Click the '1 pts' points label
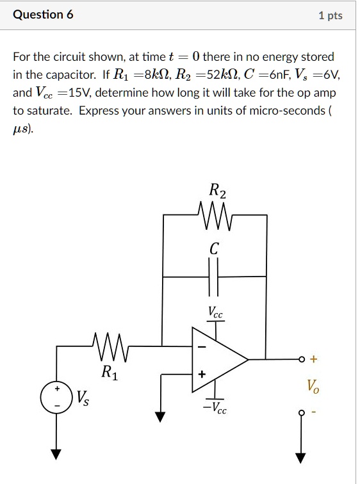click(331, 15)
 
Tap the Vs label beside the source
click(83, 398)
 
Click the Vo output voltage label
click(312, 385)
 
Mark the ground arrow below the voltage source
click(57, 454)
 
